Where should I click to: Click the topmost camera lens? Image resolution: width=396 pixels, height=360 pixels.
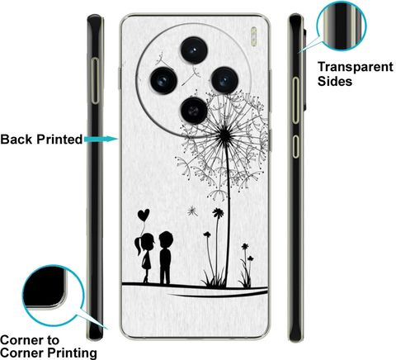pos(194,50)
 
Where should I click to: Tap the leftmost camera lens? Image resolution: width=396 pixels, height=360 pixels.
pos(163,81)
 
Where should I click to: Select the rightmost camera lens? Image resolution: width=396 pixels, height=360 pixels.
pos(224,80)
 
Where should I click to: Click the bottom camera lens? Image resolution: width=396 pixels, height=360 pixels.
pos(194,111)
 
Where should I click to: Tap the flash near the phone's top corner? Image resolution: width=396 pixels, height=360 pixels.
pos(254,36)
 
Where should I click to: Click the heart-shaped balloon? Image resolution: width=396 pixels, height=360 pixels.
pos(144,215)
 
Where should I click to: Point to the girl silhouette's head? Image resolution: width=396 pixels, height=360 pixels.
pos(148,240)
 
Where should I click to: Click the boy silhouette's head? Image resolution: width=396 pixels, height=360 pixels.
pos(166,239)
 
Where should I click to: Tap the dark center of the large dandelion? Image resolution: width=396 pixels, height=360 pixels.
pos(224,134)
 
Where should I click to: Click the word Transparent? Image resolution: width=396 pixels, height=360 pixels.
pos(356,67)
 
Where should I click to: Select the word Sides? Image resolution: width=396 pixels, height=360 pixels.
pos(335,81)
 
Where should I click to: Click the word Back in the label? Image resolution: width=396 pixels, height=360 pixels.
pos(16,140)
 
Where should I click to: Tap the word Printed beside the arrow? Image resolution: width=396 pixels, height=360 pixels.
pos(59,140)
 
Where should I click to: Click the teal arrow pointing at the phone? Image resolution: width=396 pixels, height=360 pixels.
pos(101,139)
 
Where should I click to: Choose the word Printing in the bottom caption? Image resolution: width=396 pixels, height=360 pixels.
pos(72,353)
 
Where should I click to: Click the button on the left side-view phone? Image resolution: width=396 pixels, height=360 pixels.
pos(95,81)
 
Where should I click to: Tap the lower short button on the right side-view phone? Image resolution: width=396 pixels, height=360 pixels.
pos(295,146)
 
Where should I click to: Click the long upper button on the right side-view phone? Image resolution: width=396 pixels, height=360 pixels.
pos(295,100)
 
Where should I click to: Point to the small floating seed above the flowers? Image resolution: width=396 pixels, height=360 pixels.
pos(192,211)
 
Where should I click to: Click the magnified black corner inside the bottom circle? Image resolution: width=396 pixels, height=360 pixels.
pos(44,287)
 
